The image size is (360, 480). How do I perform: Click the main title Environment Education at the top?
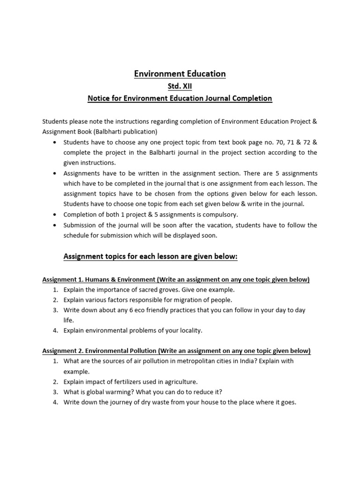point(180,74)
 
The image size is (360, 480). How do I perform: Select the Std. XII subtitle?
point(180,86)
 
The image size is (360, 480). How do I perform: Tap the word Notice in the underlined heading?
point(99,98)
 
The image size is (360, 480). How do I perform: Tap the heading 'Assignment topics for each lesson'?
point(150,256)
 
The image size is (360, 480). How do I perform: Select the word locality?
point(191,330)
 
